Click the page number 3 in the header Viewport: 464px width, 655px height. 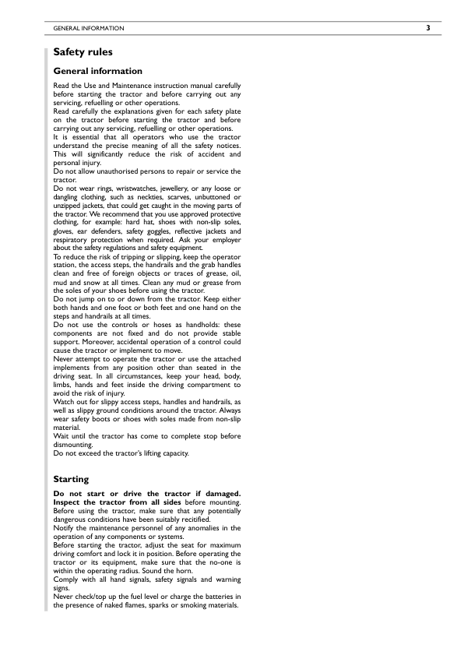(x=427, y=28)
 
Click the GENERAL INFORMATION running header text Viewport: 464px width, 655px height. (x=88, y=29)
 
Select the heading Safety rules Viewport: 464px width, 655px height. (x=83, y=52)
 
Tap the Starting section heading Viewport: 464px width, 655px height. (x=71, y=479)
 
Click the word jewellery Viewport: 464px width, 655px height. (x=182, y=188)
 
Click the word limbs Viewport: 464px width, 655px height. (x=62, y=384)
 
